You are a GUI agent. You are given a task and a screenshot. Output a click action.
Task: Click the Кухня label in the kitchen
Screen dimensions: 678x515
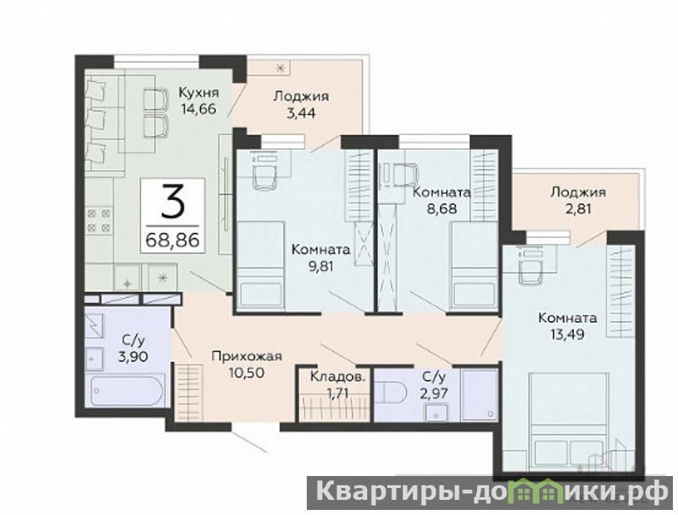point(199,93)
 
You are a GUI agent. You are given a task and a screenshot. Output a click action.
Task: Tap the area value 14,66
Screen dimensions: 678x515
point(199,109)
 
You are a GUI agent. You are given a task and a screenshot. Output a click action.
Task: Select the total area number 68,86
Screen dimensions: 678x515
point(173,239)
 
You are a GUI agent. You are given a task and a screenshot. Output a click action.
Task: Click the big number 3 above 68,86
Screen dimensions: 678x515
point(173,203)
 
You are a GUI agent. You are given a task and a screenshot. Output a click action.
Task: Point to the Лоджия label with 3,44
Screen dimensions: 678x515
point(301,96)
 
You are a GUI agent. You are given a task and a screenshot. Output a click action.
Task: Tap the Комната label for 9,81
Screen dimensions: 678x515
point(320,249)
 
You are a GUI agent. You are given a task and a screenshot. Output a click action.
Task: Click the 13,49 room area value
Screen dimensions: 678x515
point(567,334)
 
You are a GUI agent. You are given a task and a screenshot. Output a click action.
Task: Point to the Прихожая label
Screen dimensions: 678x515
point(247,356)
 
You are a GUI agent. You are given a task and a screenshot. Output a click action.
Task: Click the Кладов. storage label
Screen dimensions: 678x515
point(337,377)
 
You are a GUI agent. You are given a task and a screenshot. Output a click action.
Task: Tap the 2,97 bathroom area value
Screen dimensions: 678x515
point(433,393)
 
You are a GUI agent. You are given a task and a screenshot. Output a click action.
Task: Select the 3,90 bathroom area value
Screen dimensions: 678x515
point(133,357)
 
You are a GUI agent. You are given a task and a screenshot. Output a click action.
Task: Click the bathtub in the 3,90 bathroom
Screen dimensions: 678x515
point(125,391)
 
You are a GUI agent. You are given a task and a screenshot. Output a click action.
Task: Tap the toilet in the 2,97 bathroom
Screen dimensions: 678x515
point(391,393)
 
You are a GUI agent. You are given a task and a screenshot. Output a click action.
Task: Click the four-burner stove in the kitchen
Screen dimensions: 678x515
point(99,221)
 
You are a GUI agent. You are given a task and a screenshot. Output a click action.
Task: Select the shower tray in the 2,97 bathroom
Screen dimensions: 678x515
point(480,395)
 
